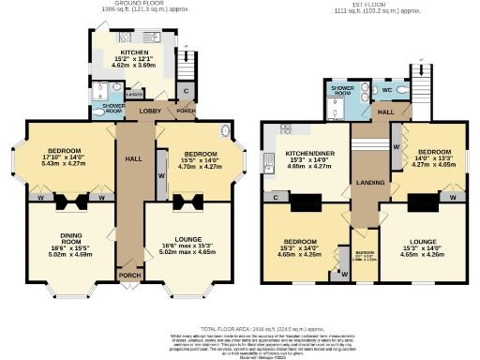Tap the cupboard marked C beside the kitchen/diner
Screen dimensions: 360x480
coord(277,198)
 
